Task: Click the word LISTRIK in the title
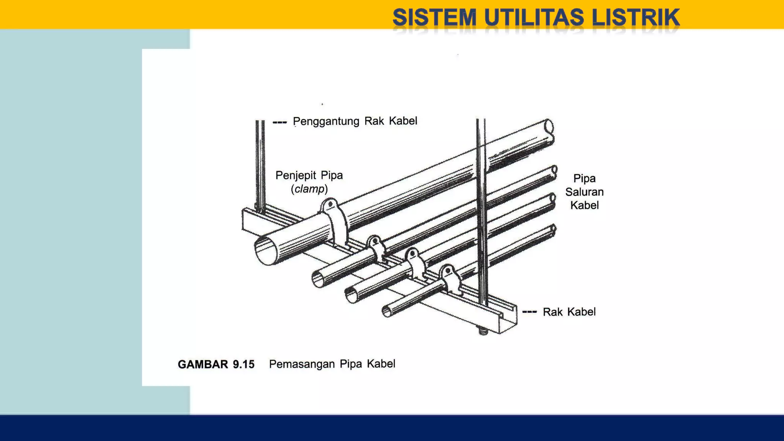click(x=635, y=18)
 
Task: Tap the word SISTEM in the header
click(x=434, y=18)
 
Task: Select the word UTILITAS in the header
click(x=534, y=18)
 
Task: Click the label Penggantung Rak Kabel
click(x=355, y=121)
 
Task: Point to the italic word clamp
click(x=309, y=189)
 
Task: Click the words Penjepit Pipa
click(x=309, y=175)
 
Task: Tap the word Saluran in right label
click(x=584, y=192)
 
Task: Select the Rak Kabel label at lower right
click(x=569, y=312)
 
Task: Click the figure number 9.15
click(x=243, y=364)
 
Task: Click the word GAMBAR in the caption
click(x=203, y=364)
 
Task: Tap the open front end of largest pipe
click(x=266, y=250)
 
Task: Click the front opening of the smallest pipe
click(x=387, y=312)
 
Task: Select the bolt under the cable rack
click(x=483, y=331)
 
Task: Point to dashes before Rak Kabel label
click(x=529, y=312)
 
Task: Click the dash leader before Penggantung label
click(x=280, y=122)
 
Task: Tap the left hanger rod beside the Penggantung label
click(x=260, y=165)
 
